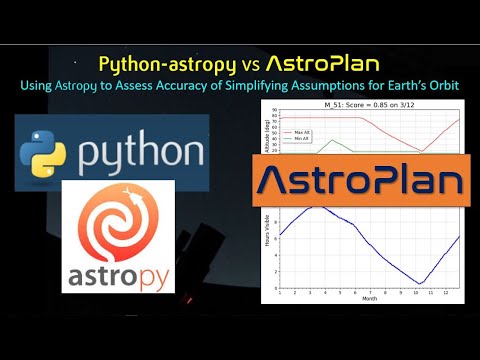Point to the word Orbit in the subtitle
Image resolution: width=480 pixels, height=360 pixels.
441,85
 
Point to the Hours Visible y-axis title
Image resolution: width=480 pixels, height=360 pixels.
266,245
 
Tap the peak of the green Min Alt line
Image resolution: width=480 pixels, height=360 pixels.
331,140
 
